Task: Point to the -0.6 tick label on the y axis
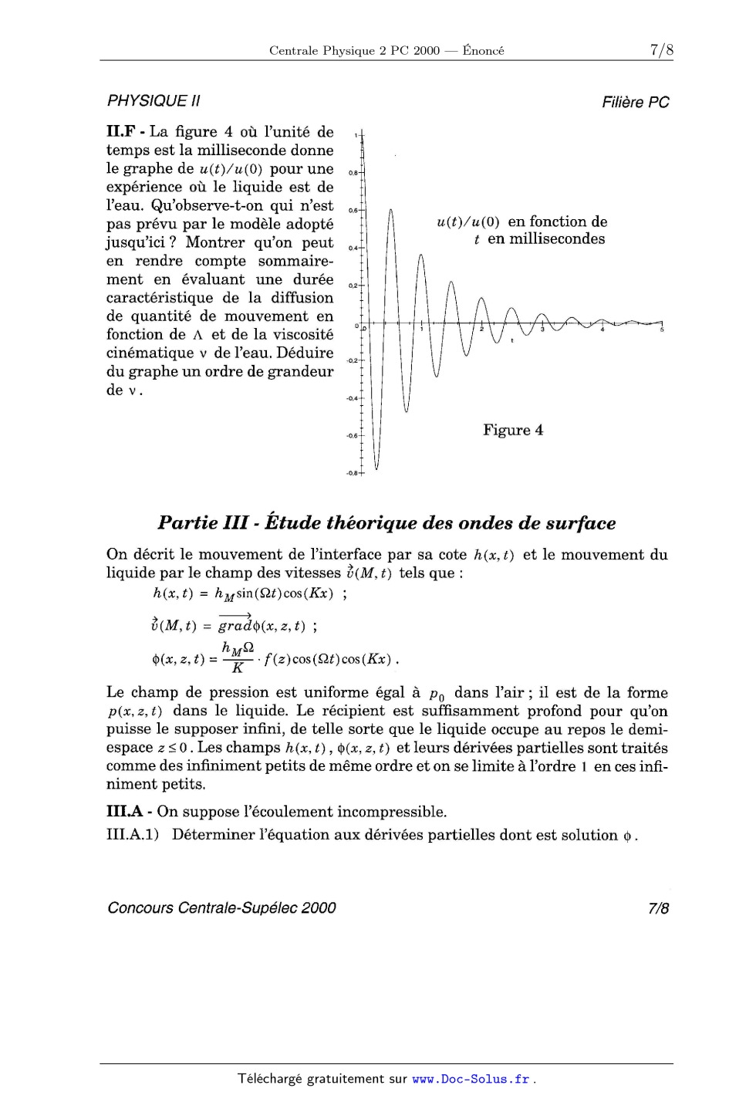tap(351, 436)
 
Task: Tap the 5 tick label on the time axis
tap(662, 330)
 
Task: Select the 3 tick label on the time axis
tap(542, 330)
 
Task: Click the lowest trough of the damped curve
tap(376, 468)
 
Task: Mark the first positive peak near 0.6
tap(391, 211)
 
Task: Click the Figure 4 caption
tap(513, 430)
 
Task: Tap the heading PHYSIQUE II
tap(154, 101)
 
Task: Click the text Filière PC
tap(636, 102)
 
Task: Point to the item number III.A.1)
tap(133, 835)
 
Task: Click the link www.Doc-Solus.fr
tap(471, 1080)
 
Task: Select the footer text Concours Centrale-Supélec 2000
tap(221, 908)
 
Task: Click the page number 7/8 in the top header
tap(661, 51)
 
